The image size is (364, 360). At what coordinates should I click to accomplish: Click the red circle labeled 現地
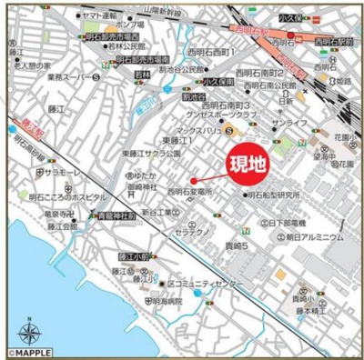[x=193, y=180]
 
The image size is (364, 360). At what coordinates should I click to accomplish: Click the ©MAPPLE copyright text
[x=30, y=351]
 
